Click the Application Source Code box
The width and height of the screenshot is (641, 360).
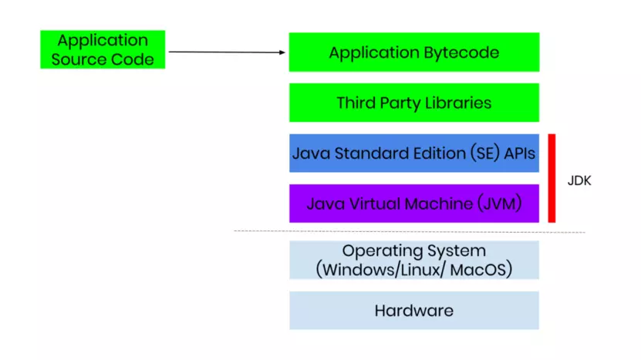pos(103,49)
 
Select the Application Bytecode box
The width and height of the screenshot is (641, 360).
pos(413,52)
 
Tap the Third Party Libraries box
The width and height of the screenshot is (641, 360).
pos(413,103)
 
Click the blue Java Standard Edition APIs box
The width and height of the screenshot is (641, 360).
pos(413,153)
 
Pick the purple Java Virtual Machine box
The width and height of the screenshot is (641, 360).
pos(413,204)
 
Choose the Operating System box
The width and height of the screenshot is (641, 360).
pos(413,260)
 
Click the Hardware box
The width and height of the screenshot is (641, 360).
pos(413,311)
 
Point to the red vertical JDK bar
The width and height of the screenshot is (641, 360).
pos(552,178)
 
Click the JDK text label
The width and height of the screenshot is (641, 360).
pos(579,182)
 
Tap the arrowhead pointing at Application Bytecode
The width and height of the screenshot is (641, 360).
pos(282,52)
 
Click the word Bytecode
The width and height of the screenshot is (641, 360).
pos(460,53)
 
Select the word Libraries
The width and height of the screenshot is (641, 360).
pos(457,103)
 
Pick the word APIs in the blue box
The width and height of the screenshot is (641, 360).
pos(520,153)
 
